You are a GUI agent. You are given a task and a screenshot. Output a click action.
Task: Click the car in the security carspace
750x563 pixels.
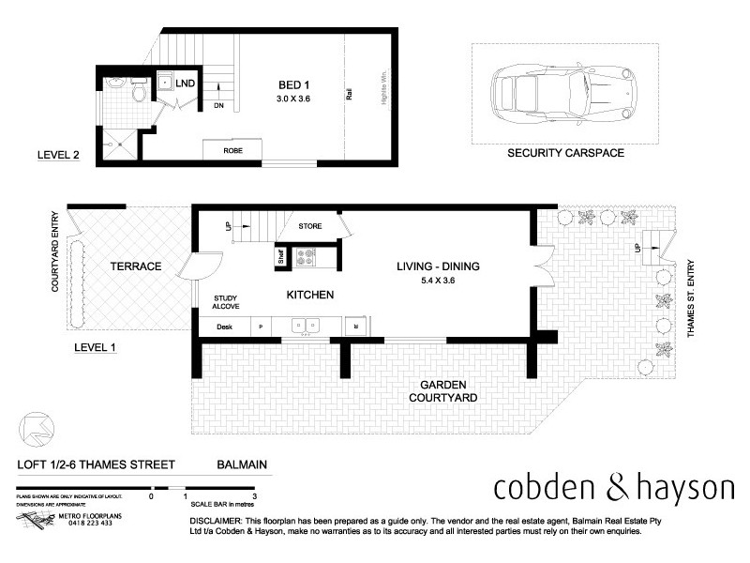click(565, 90)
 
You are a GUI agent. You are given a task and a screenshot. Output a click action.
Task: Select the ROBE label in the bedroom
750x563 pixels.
click(232, 150)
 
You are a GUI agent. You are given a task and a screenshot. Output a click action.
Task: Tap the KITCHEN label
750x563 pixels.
click(310, 295)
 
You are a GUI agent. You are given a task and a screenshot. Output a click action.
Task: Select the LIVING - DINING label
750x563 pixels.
click(438, 267)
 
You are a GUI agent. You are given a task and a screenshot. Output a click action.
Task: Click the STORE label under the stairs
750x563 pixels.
click(310, 226)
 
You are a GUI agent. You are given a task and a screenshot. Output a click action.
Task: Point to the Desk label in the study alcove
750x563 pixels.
click(224, 327)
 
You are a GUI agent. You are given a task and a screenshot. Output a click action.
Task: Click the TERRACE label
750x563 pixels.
click(137, 267)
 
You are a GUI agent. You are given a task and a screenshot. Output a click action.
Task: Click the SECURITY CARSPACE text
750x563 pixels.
click(565, 153)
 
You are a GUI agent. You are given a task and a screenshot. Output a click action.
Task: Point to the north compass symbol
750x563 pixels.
click(33, 428)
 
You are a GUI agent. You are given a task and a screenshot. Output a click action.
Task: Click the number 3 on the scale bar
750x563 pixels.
click(254, 494)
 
